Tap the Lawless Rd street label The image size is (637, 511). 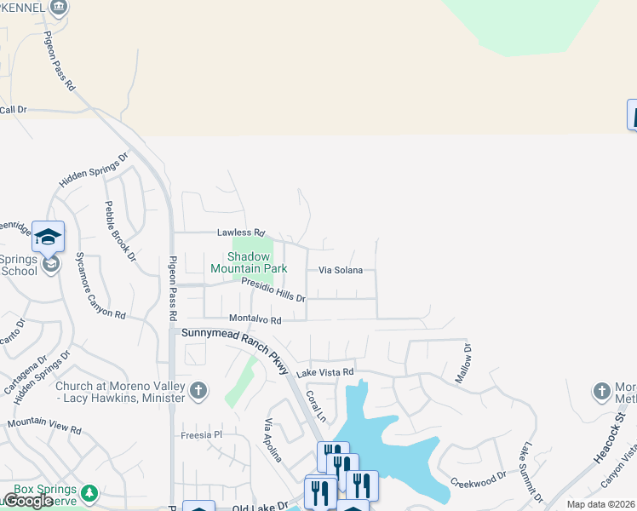tap(241, 233)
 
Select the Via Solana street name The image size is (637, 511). tap(341, 270)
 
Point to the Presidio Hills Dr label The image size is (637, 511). tap(273, 290)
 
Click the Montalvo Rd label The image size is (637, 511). tap(255, 319)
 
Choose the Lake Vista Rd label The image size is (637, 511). tap(324, 372)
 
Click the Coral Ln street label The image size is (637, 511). tap(316, 406)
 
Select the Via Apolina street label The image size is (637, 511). tap(273, 440)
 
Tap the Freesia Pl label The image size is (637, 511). tap(201, 434)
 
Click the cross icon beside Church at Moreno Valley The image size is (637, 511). tap(198, 390)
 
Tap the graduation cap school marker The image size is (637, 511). tap(49, 237)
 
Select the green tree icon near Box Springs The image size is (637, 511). tap(89, 493)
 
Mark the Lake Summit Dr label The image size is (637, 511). tap(531, 471)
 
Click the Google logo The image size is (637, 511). tap(27, 501)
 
